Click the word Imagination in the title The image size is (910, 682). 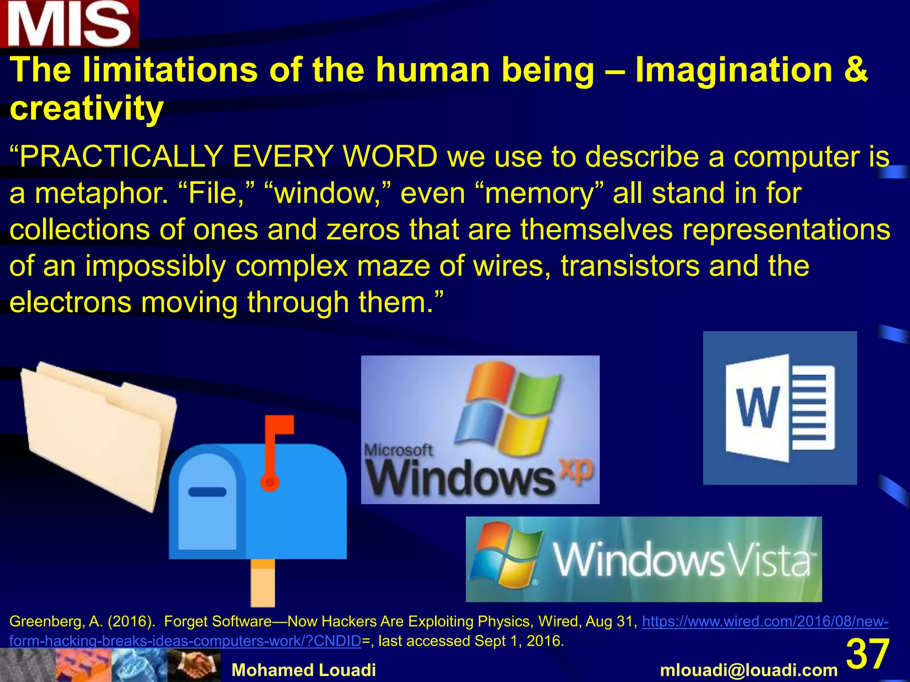pyautogui.click(x=734, y=70)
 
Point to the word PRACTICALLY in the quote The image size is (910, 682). pyautogui.click(x=120, y=157)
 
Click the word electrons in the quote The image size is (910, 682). pyautogui.click(x=70, y=302)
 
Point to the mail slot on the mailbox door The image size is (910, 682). pyautogui.click(x=208, y=492)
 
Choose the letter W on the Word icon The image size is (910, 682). pyautogui.click(x=758, y=407)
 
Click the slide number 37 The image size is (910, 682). pyautogui.click(x=867, y=654)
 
